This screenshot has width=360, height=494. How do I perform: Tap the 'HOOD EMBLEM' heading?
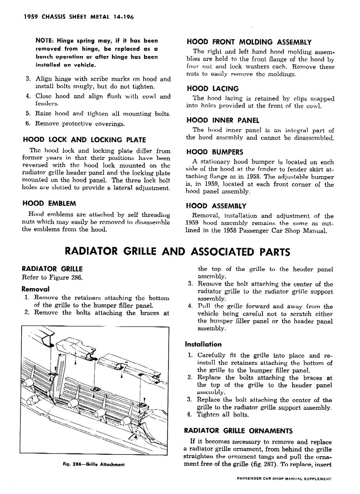click(49, 203)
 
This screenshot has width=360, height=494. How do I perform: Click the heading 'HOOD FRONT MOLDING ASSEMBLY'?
click(249, 42)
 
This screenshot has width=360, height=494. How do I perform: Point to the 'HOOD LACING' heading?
click(212, 89)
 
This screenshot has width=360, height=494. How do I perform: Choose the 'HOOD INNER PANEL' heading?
click(223, 121)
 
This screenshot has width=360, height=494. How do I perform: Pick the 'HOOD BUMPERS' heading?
click(215, 152)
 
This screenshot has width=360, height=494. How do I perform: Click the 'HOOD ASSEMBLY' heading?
click(216, 206)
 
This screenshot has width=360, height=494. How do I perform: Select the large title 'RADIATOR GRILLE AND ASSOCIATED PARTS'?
click(178, 251)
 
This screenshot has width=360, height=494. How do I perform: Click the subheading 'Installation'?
click(203, 344)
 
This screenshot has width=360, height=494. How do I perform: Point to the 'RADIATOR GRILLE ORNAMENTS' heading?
click(238, 430)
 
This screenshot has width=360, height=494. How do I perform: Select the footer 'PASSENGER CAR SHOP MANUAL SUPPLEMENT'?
click(284, 479)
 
